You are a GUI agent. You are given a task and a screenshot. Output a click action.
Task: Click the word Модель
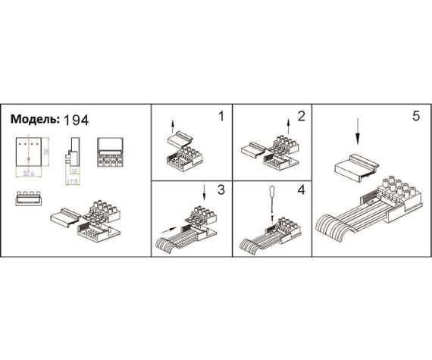[33, 120]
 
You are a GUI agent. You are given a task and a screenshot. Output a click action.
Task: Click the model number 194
[77, 121]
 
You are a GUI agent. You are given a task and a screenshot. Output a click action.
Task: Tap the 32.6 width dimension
[29, 173]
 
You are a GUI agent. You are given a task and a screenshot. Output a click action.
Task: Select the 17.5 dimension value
[74, 183]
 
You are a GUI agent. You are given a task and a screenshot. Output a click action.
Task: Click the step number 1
[221, 117]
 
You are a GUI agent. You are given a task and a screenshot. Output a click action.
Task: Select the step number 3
[221, 189]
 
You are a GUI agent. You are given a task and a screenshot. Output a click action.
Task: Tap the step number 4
[300, 189]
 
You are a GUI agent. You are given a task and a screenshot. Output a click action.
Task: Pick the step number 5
[415, 117]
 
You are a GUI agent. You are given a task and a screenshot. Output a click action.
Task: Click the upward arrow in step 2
[288, 125]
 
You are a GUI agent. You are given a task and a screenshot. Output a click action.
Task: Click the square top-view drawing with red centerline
[29, 152]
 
